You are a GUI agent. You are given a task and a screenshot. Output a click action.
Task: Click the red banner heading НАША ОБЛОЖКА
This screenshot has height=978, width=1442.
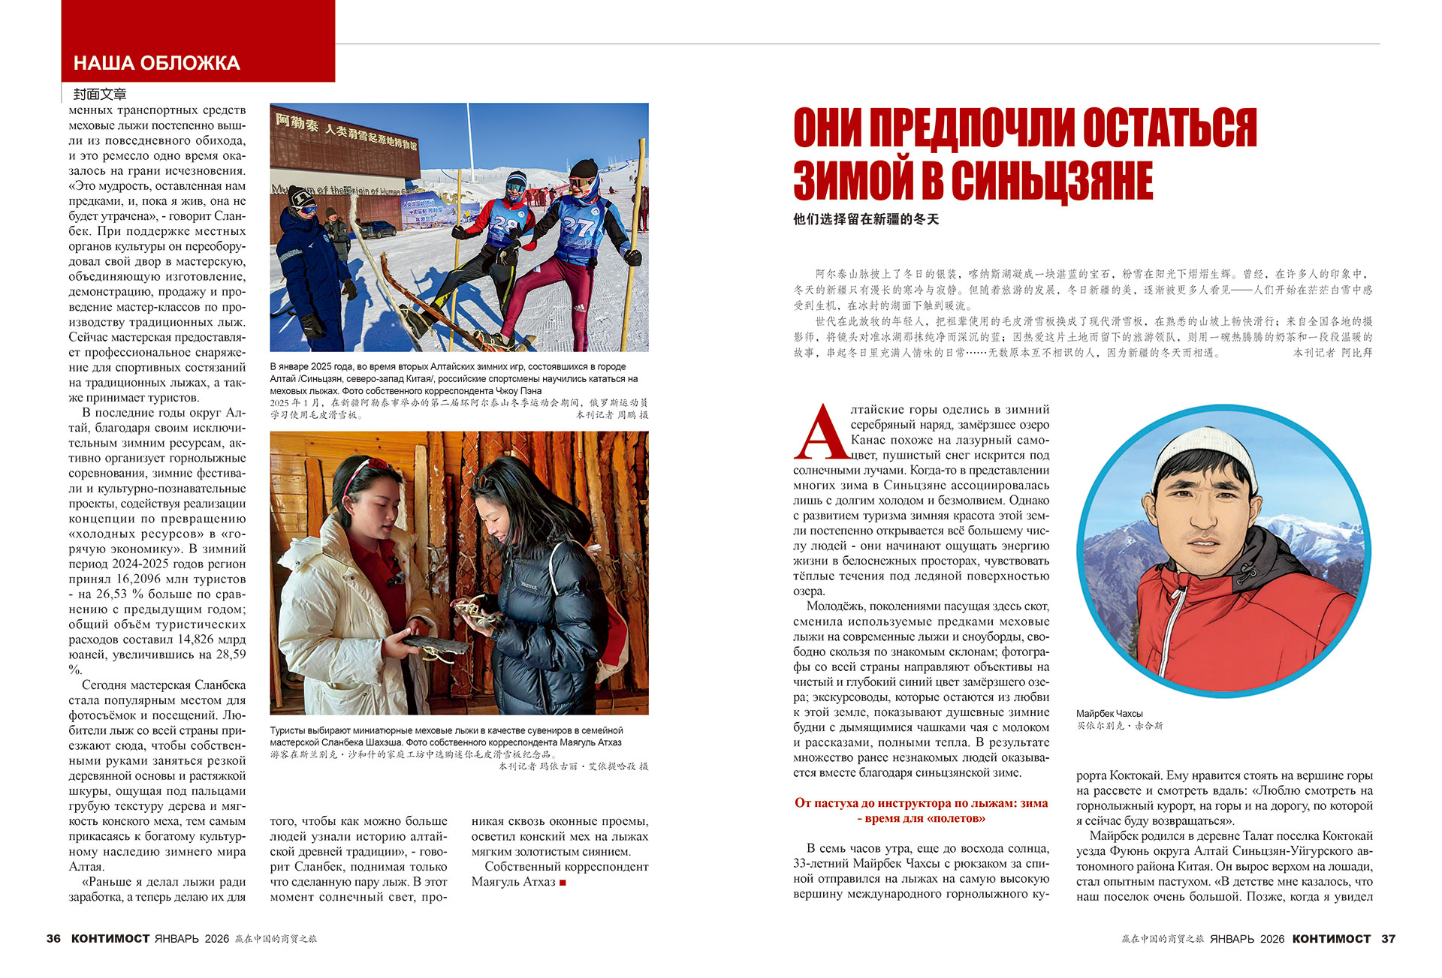tap(156, 63)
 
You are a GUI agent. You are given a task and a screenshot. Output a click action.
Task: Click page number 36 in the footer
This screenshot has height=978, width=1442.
tap(53, 938)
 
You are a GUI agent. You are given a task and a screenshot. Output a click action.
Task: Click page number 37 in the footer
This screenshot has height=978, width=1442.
tap(1388, 938)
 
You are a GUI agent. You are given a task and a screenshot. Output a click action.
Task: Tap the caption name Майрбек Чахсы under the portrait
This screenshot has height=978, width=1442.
tap(1109, 713)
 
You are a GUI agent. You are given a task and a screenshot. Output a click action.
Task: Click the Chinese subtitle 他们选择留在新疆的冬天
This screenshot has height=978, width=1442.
tap(866, 219)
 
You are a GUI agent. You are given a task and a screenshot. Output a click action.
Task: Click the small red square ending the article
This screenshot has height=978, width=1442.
tap(563, 883)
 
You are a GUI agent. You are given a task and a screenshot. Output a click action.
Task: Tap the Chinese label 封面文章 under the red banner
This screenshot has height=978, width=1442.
tap(100, 94)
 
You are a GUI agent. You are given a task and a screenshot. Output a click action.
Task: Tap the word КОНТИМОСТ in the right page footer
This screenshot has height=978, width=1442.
tap(1331, 938)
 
